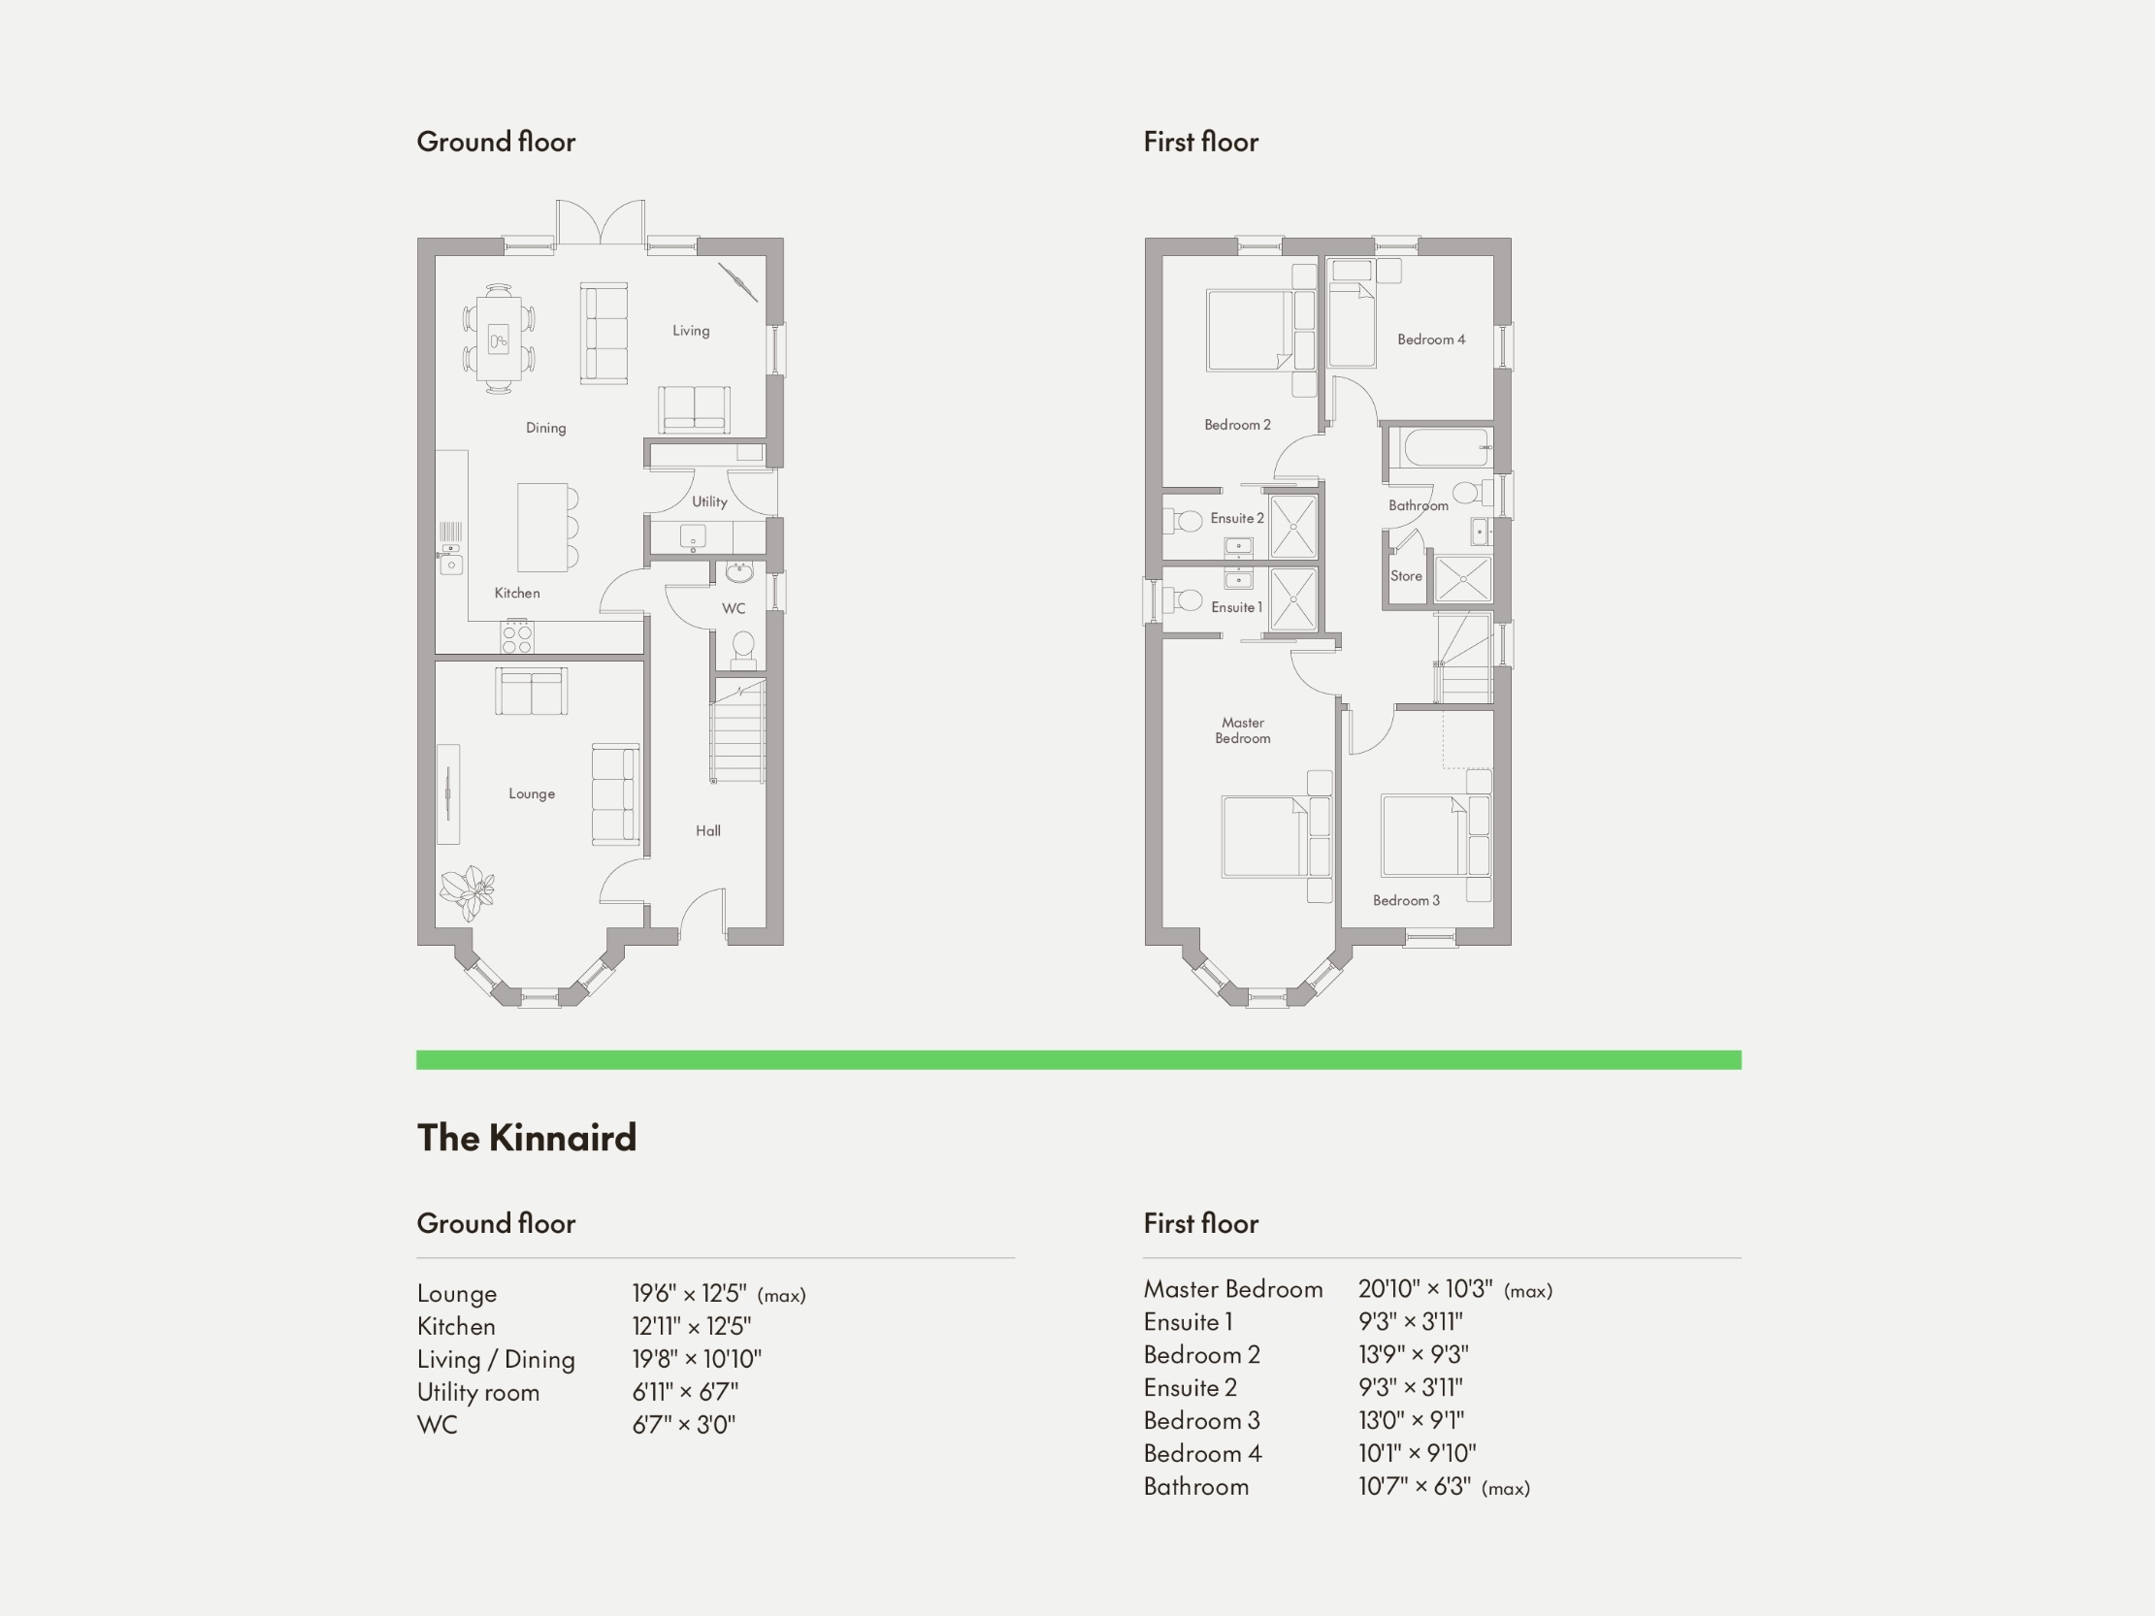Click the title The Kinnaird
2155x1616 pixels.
pyautogui.click(x=526, y=1138)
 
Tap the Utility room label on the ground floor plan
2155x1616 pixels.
pyautogui.click(x=709, y=501)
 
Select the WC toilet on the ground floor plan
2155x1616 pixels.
pyautogui.click(x=742, y=648)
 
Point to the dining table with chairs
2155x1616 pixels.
pyautogui.click(x=499, y=338)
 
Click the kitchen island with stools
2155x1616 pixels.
pyautogui.click(x=542, y=527)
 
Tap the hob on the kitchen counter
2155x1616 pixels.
pyautogui.click(x=516, y=639)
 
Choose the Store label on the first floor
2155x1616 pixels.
pyautogui.click(x=1406, y=575)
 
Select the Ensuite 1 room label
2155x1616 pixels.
pyautogui.click(x=1236, y=607)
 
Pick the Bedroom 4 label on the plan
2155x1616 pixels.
pyautogui.click(x=1430, y=339)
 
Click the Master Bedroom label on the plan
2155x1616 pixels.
pyautogui.click(x=1242, y=730)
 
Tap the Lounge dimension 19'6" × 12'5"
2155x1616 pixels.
pyautogui.click(x=690, y=1294)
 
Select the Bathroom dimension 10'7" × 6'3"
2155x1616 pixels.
pyautogui.click(x=1415, y=1486)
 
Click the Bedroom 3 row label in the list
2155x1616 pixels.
pyautogui.click(x=1201, y=1420)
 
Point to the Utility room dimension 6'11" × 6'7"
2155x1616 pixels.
pyautogui.click(x=685, y=1392)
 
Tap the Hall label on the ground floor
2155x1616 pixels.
pyautogui.click(x=708, y=831)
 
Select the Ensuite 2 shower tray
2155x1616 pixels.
pyautogui.click(x=1293, y=527)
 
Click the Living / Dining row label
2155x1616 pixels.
pyautogui.click(x=496, y=1359)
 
